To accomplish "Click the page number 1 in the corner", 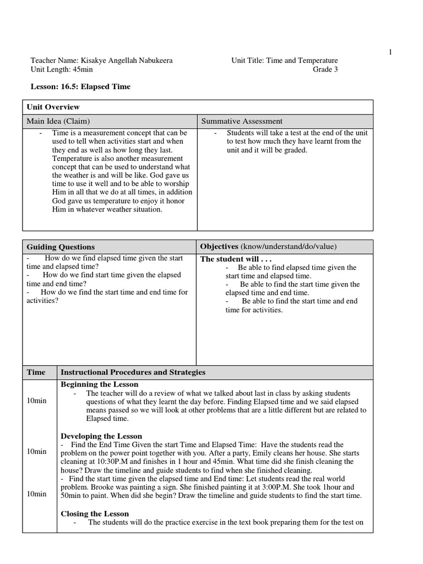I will tap(391, 52).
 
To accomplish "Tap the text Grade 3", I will tap(326, 69).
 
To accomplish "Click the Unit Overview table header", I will tap(53, 107).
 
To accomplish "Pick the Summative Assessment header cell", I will tap(242, 121).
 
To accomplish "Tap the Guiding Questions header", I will tap(61, 247).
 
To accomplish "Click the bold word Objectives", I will tap(219, 246).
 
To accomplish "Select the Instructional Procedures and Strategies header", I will tap(133, 372).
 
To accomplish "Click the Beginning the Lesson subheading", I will tap(99, 384).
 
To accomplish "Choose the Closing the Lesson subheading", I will tap(95, 514).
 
